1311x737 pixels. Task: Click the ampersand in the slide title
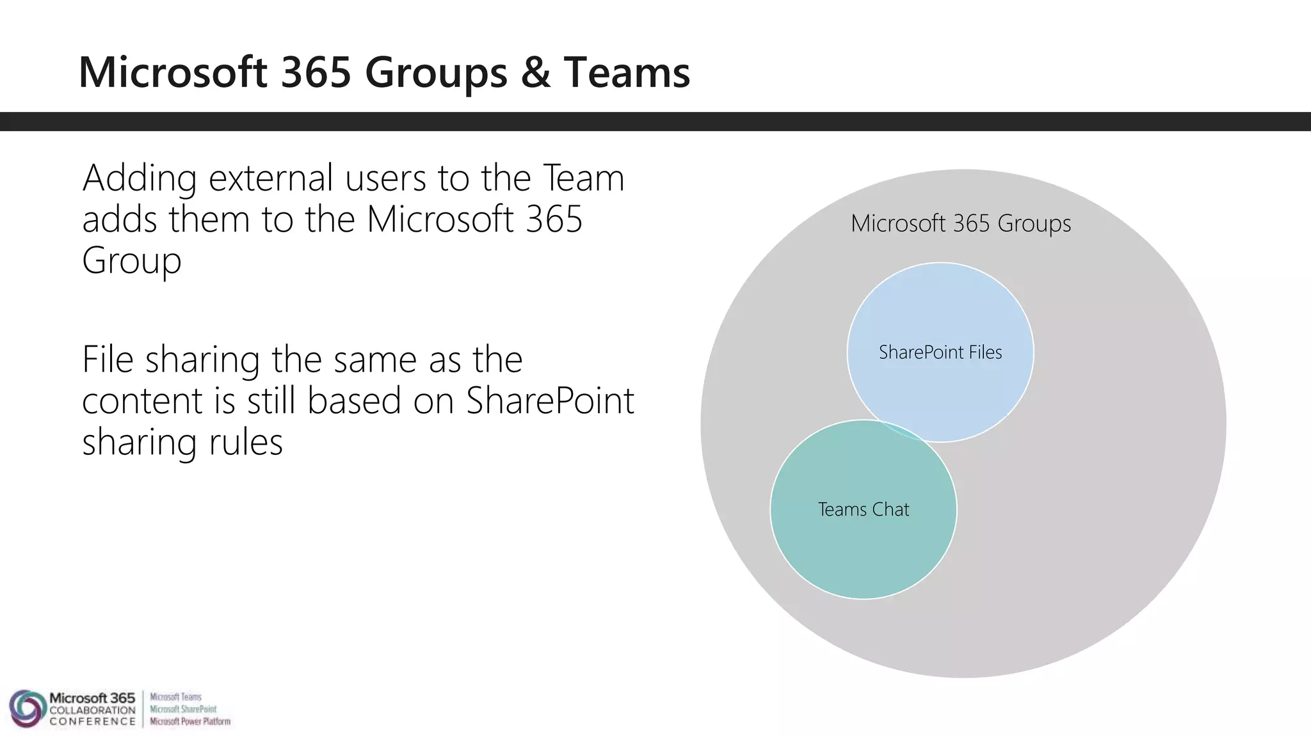click(x=535, y=72)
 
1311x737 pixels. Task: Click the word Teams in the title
click(x=627, y=72)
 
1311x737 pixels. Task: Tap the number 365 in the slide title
click(x=316, y=72)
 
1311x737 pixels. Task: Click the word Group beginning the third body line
click(x=132, y=262)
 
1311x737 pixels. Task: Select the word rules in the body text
click(x=246, y=442)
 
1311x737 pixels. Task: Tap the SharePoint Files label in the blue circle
click(x=940, y=353)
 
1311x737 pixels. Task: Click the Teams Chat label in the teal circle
click(x=863, y=510)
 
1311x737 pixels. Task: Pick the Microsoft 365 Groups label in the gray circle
click(x=960, y=223)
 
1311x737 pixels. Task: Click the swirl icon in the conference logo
click(x=26, y=709)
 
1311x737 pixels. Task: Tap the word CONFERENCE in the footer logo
click(x=92, y=722)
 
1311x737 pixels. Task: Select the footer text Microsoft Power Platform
click(x=190, y=722)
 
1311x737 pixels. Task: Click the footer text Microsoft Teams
click(x=175, y=697)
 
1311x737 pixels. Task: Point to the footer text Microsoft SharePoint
click(x=183, y=709)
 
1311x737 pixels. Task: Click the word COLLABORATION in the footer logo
click(x=92, y=710)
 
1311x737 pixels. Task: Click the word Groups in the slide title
click(x=436, y=72)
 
